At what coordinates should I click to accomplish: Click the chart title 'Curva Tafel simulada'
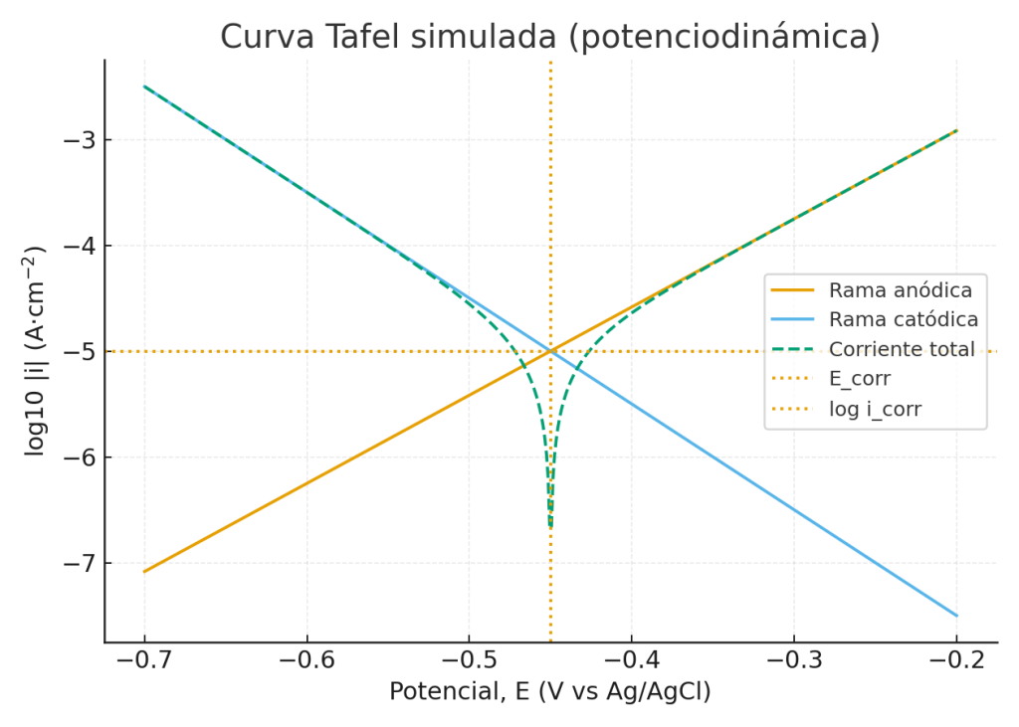click(549, 36)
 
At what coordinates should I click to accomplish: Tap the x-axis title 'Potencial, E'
click(549, 692)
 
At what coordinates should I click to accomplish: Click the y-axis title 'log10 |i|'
click(37, 351)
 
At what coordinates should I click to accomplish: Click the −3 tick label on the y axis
click(78, 139)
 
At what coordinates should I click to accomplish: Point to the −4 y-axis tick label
click(78, 246)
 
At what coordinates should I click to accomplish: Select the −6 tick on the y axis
click(78, 457)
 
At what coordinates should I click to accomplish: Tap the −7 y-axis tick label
click(78, 564)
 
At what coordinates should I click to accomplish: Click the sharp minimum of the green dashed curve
click(550, 525)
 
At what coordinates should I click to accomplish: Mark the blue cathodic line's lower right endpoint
click(956, 616)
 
